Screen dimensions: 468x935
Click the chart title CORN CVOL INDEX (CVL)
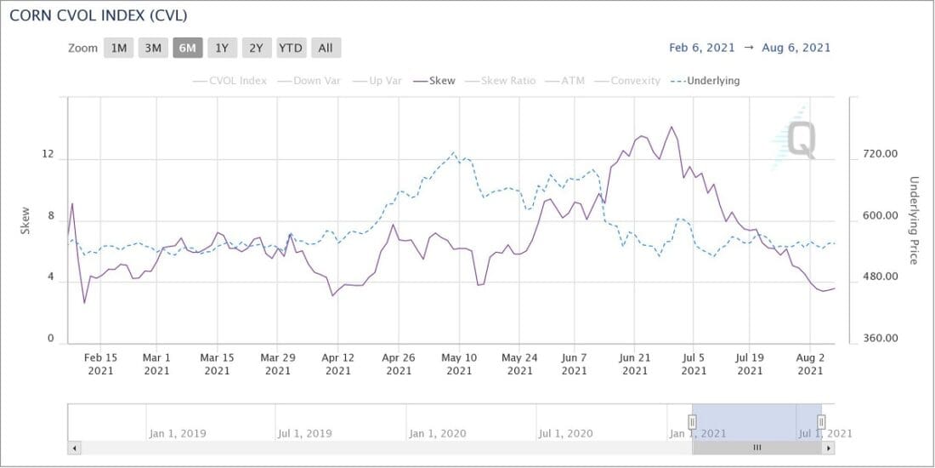tap(99, 16)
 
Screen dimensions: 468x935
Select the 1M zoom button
tap(118, 48)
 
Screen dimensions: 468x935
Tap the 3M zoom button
tap(153, 48)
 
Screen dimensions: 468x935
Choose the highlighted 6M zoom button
tap(187, 48)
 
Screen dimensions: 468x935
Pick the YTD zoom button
tap(291, 48)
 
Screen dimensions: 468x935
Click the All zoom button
tap(326, 48)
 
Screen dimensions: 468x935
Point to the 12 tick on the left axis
tap(48, 156)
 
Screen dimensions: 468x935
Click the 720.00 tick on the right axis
tap(880, 155)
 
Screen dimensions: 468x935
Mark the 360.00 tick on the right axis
tap(880, 339)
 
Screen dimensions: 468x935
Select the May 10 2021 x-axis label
tap(459, 364)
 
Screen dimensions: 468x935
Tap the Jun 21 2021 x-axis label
tap(634, 364)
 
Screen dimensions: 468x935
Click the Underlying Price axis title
tap(915, 220)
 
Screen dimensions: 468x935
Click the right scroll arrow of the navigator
tap(829, 448)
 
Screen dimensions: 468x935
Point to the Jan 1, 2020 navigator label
tap(439, 433)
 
